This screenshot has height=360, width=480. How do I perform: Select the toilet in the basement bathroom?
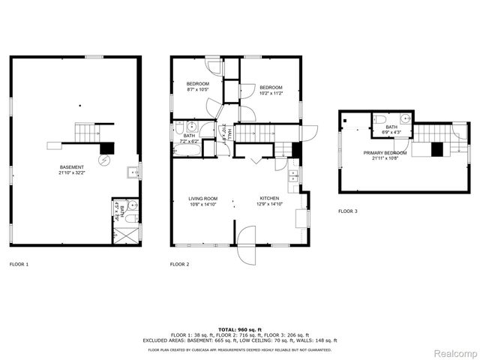pyautogui.click(x=129, y=218)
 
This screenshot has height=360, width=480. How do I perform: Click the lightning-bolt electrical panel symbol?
pyautogui.click(x=106, y=160)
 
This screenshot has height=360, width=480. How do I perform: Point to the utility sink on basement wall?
pyautogui.click(x=133, y=172)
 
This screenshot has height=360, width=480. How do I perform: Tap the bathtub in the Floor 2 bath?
pyautogui.click(x=184, y=149)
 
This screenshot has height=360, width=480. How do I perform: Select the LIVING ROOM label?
pyautogui.click(x=202, y=198)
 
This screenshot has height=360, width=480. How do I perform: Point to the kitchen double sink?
pyautogui.click(x=293, y=178)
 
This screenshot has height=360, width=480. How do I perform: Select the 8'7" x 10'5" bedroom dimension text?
pyautogui.click(x=198, y=90)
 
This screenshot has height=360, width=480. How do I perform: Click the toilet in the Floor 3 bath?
pyautogui.click(x=380, y=121)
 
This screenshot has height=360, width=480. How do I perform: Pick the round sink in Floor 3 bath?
pyautogui.click(x=405, y=118)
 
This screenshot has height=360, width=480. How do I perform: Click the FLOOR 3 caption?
pyautogui.click(x=347, y=211)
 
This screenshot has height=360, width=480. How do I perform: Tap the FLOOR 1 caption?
pyautogui.click(x=19, y=264)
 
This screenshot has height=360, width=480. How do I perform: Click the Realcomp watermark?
pyautogui.click(x=456, y=353)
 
